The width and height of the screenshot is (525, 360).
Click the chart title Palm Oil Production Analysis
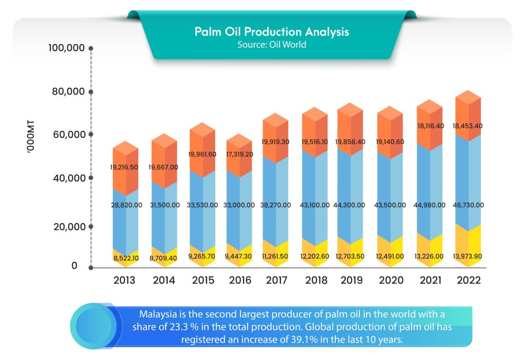coord(272,32)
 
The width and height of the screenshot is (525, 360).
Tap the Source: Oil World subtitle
coord(272,45)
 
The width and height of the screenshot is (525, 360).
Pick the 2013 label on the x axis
coord(125,281)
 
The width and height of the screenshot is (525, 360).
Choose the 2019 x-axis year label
coord(351,281)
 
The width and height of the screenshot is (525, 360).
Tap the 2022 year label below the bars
coord(468,281)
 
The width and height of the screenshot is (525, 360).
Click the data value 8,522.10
coord(125,258)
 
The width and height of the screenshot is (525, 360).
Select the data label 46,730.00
coord(468,205)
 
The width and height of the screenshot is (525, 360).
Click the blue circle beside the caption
coord(94,326)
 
